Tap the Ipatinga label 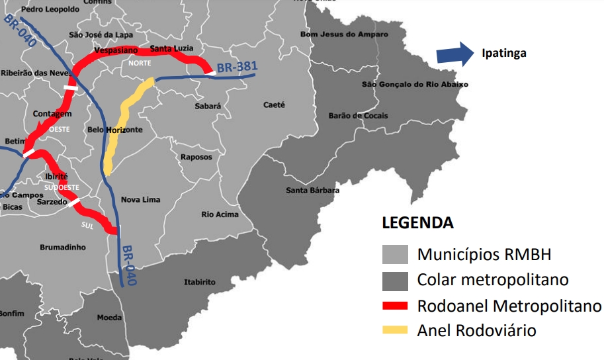(504, 54)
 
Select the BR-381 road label (237, 67)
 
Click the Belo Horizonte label (114, 130)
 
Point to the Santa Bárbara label (312, 191)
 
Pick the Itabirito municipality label (199, 282)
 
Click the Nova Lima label (140, 199)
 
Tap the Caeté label (274, 105)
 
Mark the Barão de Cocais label (358, 116)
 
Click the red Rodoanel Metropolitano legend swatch (396, 306)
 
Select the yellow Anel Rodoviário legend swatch (396, 330)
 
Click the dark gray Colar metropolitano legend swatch (396, 281)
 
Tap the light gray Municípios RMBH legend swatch (396, 255)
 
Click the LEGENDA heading (418, 223)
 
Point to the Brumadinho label (63, 247)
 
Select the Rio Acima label (220, 214)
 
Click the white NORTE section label (140, 63)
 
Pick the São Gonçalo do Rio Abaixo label (415, 85)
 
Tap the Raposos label (196, 157)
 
